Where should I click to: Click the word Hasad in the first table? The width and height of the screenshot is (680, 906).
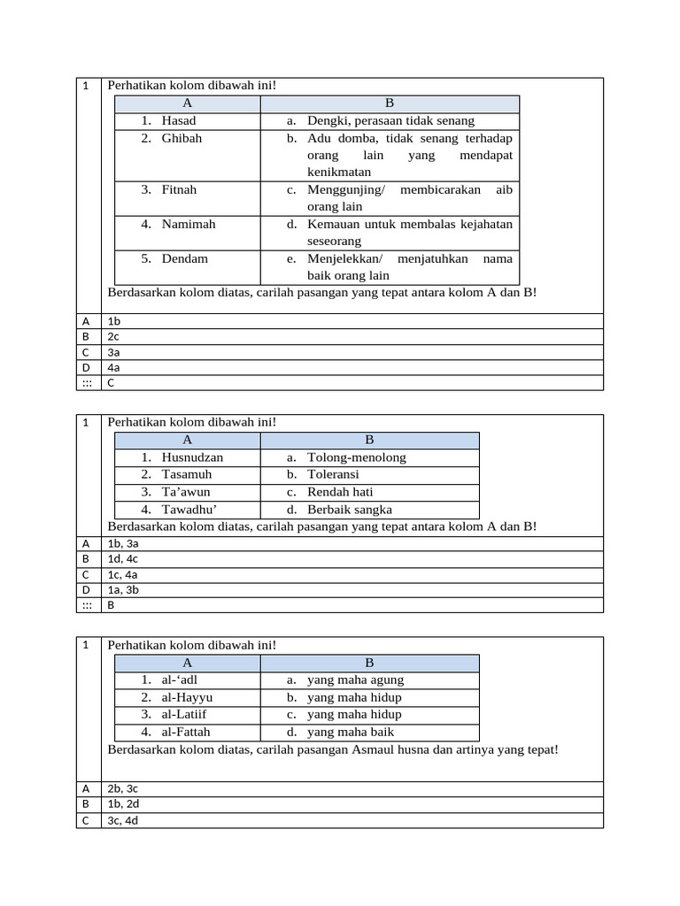pos(179,120)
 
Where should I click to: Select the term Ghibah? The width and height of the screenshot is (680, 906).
pos(182,138)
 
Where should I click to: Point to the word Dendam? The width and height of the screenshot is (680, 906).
pos(184,258)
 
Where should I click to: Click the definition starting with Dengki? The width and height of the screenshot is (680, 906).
pos(390,120)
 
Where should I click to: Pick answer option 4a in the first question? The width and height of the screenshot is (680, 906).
pos(113,367)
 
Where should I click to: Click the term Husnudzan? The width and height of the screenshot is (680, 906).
pos(192,457)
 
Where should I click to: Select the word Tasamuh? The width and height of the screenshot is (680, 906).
pos(186,474)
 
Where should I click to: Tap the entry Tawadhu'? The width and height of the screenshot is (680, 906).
pos(189,510)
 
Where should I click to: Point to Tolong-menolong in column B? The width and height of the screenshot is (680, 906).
pos(357,457)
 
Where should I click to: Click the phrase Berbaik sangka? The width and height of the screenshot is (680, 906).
pos(350,510)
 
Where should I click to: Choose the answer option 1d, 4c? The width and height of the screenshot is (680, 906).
pos(123,559)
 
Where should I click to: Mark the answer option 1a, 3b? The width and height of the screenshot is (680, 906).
pos(123,589)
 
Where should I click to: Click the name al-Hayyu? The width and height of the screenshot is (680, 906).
pos(187,697)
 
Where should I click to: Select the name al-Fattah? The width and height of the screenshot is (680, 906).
pos(186,732)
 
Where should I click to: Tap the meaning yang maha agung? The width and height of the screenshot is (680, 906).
pos(355,679)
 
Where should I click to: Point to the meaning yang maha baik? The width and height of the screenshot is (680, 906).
pos(351,732)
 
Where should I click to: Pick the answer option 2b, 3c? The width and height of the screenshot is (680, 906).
pos(123,788)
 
